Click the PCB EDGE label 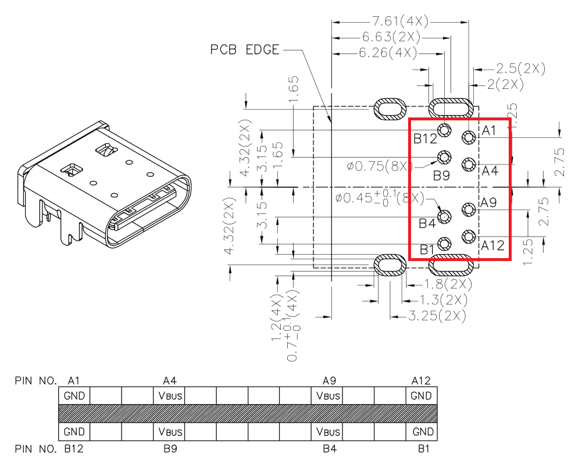point(245,49)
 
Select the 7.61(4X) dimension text point(400,22)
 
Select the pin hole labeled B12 point(444,130)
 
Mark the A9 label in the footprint point(488,203)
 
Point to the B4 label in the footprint point(427,223)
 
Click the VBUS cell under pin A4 point(170,397)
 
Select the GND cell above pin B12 point(74,432)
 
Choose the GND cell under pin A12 point(421,397)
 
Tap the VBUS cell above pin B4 point(327,432)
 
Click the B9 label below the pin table point(170,449)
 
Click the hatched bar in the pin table point(248,414)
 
